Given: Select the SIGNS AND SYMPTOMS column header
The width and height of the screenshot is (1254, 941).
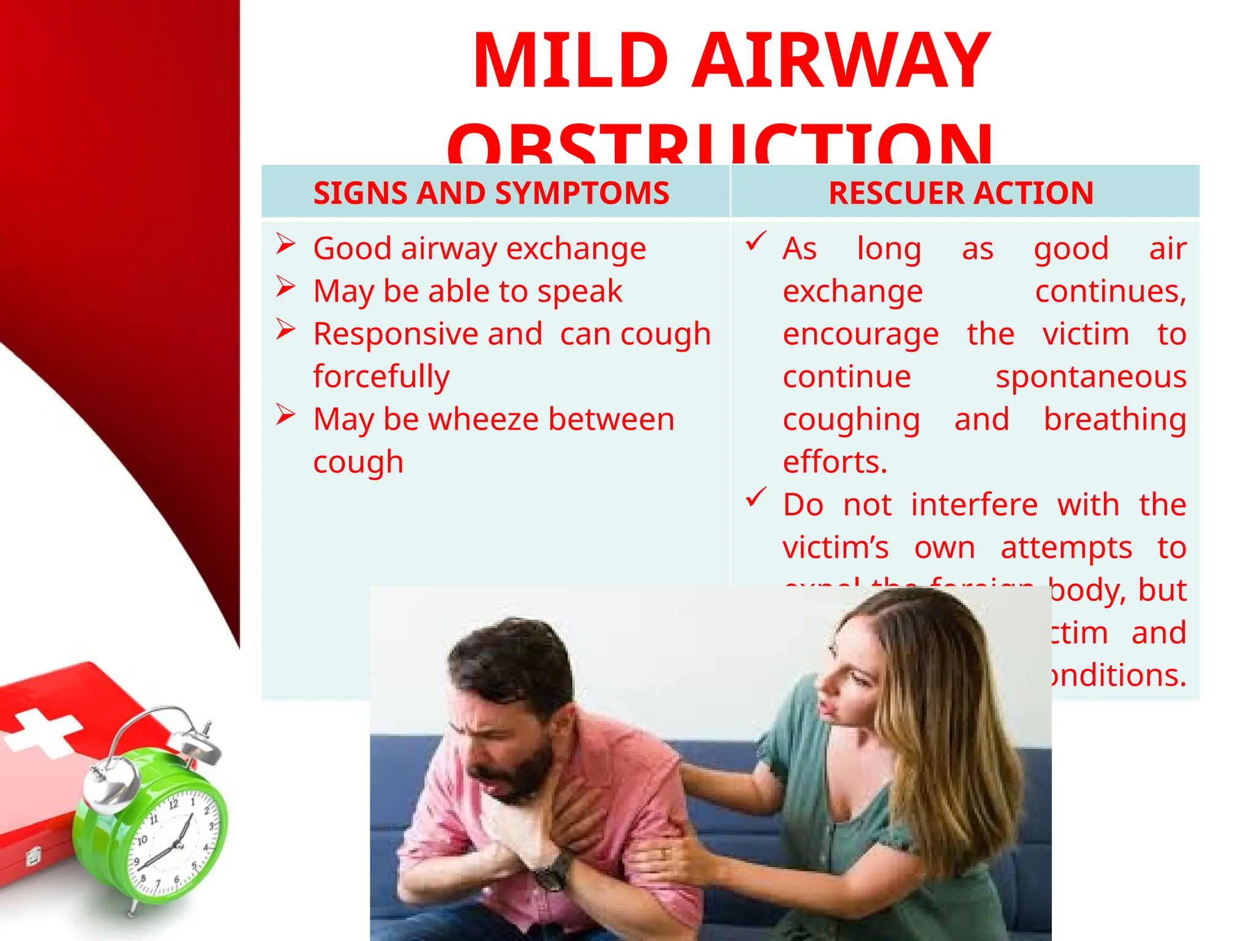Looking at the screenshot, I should tap(491, 193).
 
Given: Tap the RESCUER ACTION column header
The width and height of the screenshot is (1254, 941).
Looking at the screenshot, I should tap(961, 193).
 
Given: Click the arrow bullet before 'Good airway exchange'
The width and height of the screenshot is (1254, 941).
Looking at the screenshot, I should tap(285, 244).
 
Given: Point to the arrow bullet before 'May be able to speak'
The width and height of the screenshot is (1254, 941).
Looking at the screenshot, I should tap(285, 287).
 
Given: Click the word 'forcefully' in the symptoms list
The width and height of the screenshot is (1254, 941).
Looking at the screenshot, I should tap(381, 376).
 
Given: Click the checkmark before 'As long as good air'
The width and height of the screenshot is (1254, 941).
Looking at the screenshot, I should tap(756, 241).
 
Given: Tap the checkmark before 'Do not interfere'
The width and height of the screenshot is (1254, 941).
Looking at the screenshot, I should tap(756, 497).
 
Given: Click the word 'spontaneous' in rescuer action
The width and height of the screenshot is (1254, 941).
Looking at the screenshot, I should tap(1091, 376).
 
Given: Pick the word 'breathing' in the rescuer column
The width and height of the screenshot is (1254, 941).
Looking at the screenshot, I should tap(1114, 420).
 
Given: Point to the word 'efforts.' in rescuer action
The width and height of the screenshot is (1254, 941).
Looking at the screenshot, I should tap(835, 462).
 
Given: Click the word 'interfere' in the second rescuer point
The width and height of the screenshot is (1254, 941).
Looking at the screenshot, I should tap(974, 505).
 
